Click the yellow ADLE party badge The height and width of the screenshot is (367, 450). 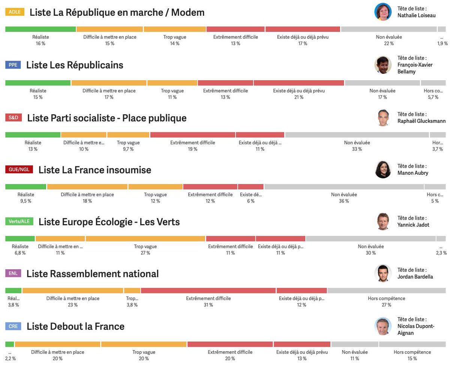tap(15, 12)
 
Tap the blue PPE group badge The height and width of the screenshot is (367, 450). tap(13, 65)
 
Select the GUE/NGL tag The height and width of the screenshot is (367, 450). tap(19, 169)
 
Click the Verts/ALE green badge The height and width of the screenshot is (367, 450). tap(19, 222)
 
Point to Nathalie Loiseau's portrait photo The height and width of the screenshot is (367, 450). tap(383, 12)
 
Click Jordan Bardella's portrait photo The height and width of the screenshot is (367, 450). tap(383, 273)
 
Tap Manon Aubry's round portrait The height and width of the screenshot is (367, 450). tap(383, 169)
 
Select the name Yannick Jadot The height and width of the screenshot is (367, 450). tap(413, 225)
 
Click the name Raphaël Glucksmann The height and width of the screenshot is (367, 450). tap(421, 121)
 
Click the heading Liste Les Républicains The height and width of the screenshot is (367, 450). tap(75, 65)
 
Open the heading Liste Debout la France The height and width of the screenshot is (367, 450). tap(75, 327)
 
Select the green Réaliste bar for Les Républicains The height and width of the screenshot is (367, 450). tap(38, 83)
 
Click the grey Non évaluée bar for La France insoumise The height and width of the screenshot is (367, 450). tap(344, 187)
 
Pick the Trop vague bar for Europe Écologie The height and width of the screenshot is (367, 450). tap(145, 239)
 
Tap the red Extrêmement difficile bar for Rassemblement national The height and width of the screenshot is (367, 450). tap(208, 291)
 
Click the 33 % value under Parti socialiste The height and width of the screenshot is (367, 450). tap(357, 149)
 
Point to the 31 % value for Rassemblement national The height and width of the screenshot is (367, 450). tap(208, 305)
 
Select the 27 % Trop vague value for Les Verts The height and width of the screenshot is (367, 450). tap(145, 253)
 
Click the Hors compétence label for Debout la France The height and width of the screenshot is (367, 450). tap(412, 352)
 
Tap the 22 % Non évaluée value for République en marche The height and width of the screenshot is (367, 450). tap(389, 43)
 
